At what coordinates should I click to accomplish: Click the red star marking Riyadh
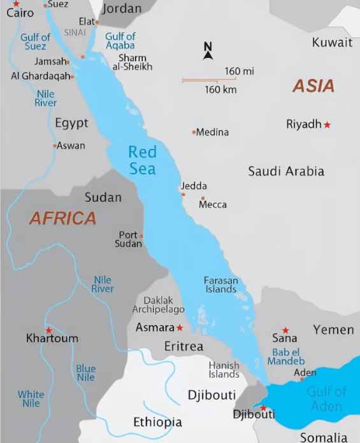tap(328, 125)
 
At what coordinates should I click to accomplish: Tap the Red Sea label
tap(141, 160)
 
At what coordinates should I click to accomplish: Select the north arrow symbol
tap(208, 52)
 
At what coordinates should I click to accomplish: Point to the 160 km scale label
tap(220, 90)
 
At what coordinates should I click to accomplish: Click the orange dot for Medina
tap(194, 132)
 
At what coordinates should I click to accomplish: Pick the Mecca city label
tap(213, 205)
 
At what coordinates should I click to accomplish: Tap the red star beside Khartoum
tap(48, 330)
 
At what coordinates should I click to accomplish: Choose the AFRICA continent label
tap(62, 218)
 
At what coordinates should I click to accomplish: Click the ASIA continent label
tap(313, 86)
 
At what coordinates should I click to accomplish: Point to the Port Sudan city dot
tap(141, 236)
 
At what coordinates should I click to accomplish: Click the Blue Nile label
tap(86, 373)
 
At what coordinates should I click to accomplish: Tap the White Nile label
tap(31, 398)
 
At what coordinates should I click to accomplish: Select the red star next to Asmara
tap(180, 328)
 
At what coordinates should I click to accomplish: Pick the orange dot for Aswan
tap(55, 146)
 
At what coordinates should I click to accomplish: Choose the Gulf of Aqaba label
tap(120, 41)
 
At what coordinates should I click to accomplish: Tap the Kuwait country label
tap(332, 43)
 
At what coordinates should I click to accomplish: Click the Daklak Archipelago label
tap(159, 304)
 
